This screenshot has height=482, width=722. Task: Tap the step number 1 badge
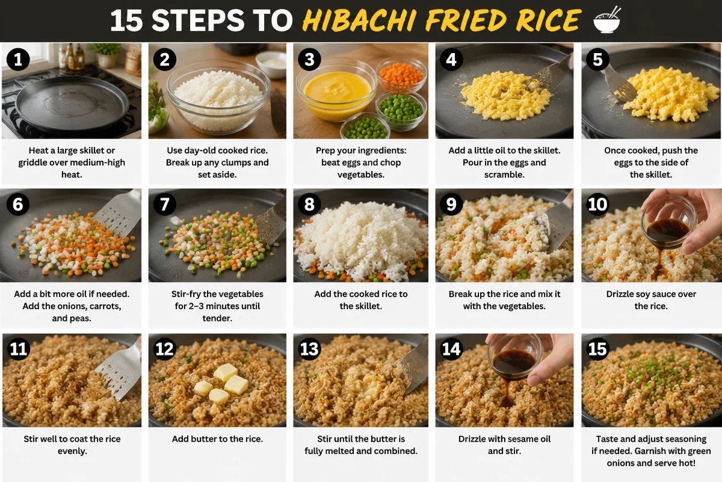[x=18, y=59]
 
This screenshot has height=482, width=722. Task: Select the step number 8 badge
[x=309, y=204]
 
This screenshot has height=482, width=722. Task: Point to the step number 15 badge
[x=597, y=349]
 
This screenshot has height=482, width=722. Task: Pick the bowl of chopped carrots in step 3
[x=401, y=74]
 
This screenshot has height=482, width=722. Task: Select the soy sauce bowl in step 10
[x=666, y=228]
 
